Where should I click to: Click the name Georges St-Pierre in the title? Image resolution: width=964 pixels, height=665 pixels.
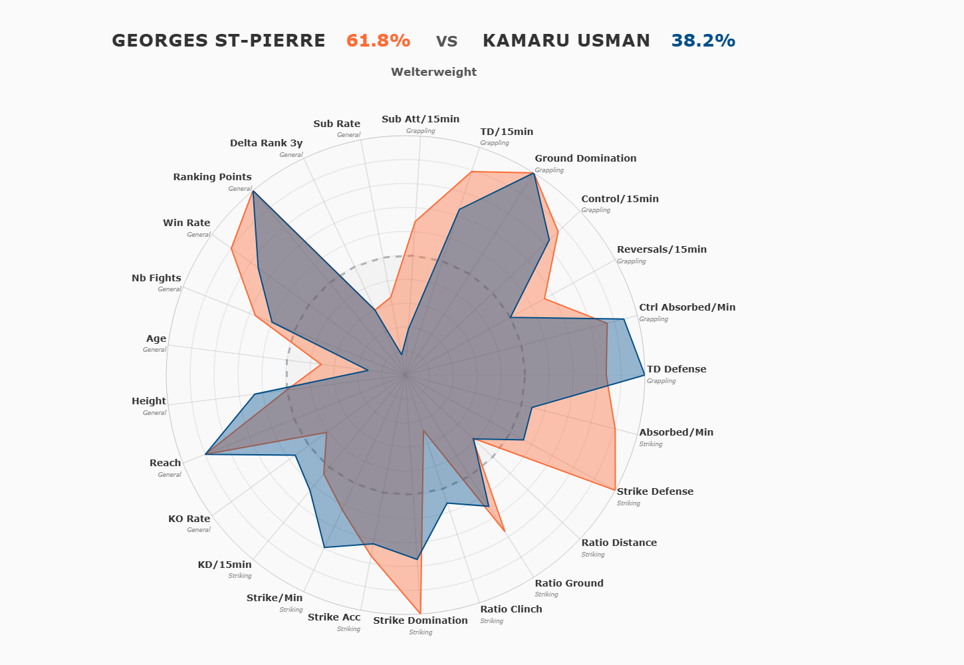point(218,41)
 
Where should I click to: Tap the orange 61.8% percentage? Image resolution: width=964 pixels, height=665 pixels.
point(378,41)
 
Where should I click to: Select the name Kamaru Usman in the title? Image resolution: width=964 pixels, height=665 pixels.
point(566,41)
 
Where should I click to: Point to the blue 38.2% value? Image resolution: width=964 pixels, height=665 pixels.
point(703,41)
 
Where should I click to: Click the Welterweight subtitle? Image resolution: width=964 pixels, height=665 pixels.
point(433,72)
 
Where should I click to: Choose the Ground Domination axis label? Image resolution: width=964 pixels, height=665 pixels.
point(585,158)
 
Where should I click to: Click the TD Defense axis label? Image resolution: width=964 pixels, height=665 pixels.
point(676,369)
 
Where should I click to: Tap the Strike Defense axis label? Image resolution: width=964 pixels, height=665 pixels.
point(655,491)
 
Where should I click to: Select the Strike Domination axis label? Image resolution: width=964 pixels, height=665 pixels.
point(420,620)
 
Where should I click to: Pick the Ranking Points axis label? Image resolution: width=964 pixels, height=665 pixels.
point(212,177)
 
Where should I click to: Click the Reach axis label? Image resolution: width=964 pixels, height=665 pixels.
point(165,463)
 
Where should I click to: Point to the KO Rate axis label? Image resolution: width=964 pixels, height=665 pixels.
point(189,519)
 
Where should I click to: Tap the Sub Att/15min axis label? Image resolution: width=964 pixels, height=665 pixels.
point(420,119)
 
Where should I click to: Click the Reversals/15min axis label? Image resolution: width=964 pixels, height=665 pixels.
point(662,249)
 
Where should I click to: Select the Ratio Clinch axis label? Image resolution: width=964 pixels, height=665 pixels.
point(511,609)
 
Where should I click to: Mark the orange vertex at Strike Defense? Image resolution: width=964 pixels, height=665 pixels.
point(615,490)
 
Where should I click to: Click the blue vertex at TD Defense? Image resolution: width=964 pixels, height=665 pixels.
point(644,376)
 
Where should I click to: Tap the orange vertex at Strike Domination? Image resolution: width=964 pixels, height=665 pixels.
point(421,613)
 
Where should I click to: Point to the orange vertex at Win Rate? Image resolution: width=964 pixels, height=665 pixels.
point(231,248)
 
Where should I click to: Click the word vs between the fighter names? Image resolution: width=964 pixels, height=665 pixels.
point(447,41)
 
